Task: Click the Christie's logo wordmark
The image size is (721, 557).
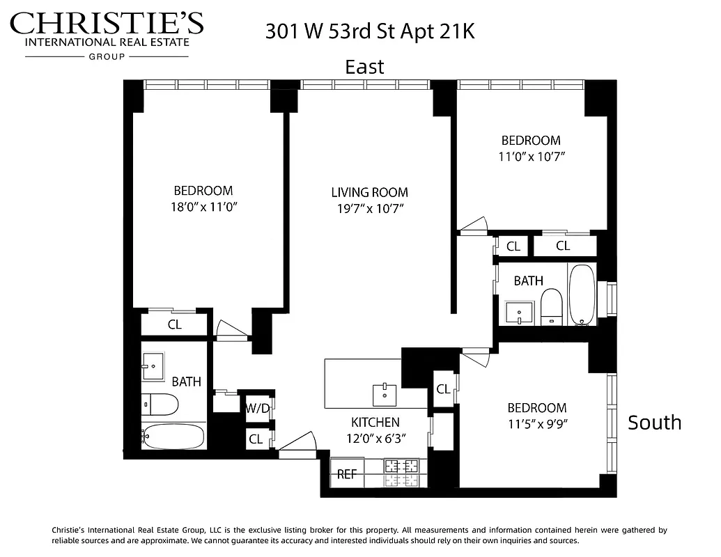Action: [x=107, y=24]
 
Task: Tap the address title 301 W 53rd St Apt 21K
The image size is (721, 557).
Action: [x=370, y=31]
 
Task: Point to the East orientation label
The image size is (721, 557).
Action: [x=365, y=67]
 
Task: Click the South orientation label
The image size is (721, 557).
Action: [x=654, y=423]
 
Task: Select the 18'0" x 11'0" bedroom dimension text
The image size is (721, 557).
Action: [x=203, y=207]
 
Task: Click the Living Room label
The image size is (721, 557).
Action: [x=369, y=192]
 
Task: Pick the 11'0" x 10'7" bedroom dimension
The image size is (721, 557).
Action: [x=531, y=157]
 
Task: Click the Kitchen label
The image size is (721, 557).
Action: [x=375, y=422]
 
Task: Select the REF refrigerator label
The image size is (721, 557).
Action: [x=347, y=475]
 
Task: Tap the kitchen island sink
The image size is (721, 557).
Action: [x=385, y=394]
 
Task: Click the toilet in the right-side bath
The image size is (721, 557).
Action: [x=551, y=306]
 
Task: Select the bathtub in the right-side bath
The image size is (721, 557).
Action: [x=582, y=293]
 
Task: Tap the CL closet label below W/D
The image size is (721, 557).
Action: [x=256, y=439]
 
